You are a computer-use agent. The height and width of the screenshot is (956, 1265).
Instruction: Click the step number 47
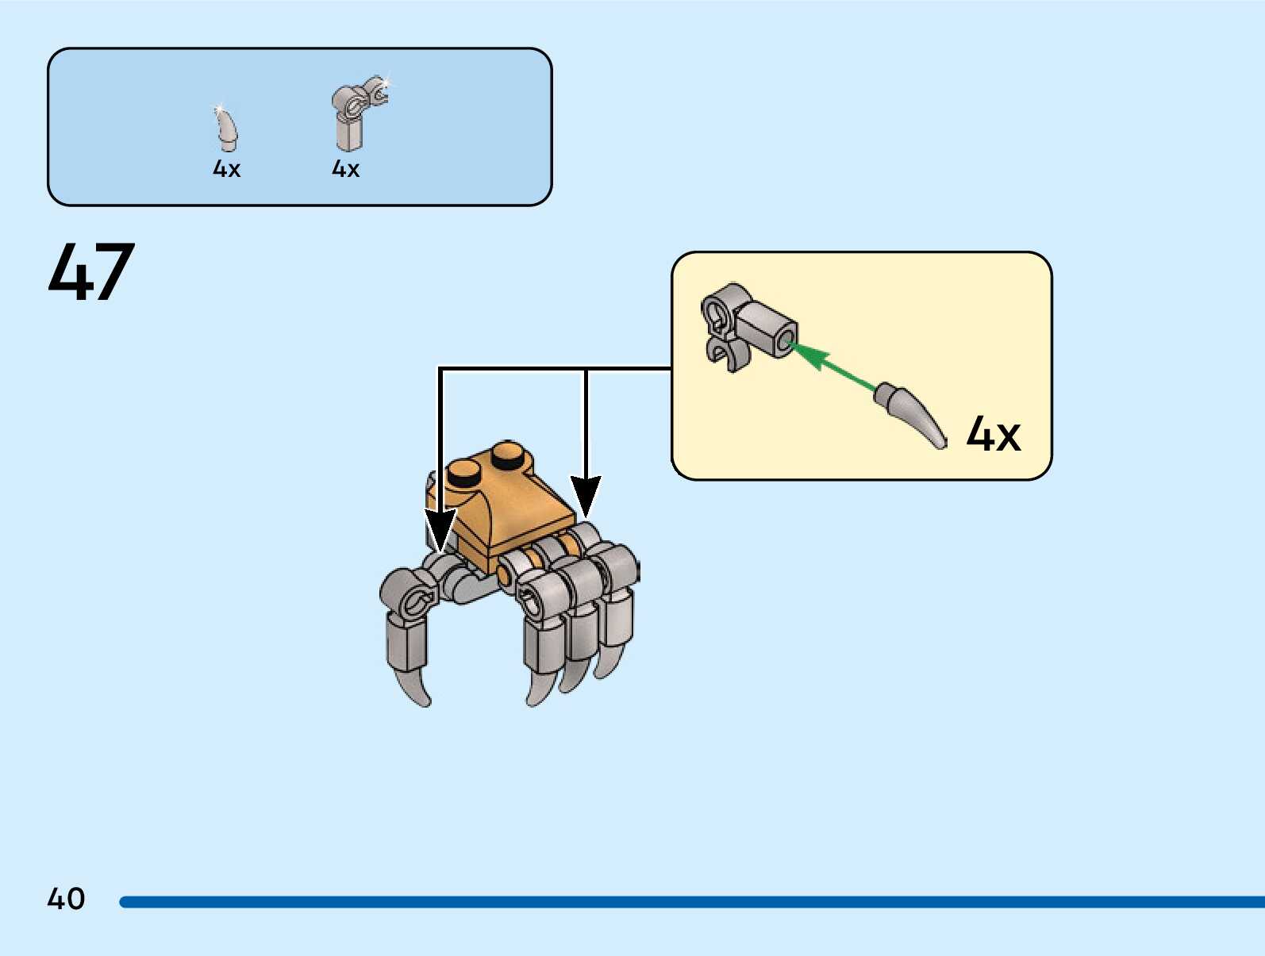tap(91, 271)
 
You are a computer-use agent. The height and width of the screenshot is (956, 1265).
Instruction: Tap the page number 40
tap(66, 899)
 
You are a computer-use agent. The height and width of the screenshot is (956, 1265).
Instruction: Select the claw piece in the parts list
tap(227, 129)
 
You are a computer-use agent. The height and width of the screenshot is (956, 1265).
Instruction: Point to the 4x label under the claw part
tap(226, 169)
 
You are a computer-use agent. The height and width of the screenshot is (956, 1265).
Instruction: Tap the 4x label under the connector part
tap(345, 169)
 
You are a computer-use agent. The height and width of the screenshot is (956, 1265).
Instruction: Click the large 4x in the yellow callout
tap(993, 435)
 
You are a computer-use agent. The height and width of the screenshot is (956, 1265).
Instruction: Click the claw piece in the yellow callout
tap(913, 413)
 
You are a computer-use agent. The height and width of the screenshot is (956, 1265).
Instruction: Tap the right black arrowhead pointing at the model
tap(586, 495)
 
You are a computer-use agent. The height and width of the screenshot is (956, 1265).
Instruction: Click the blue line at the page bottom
tap(690, 902)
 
